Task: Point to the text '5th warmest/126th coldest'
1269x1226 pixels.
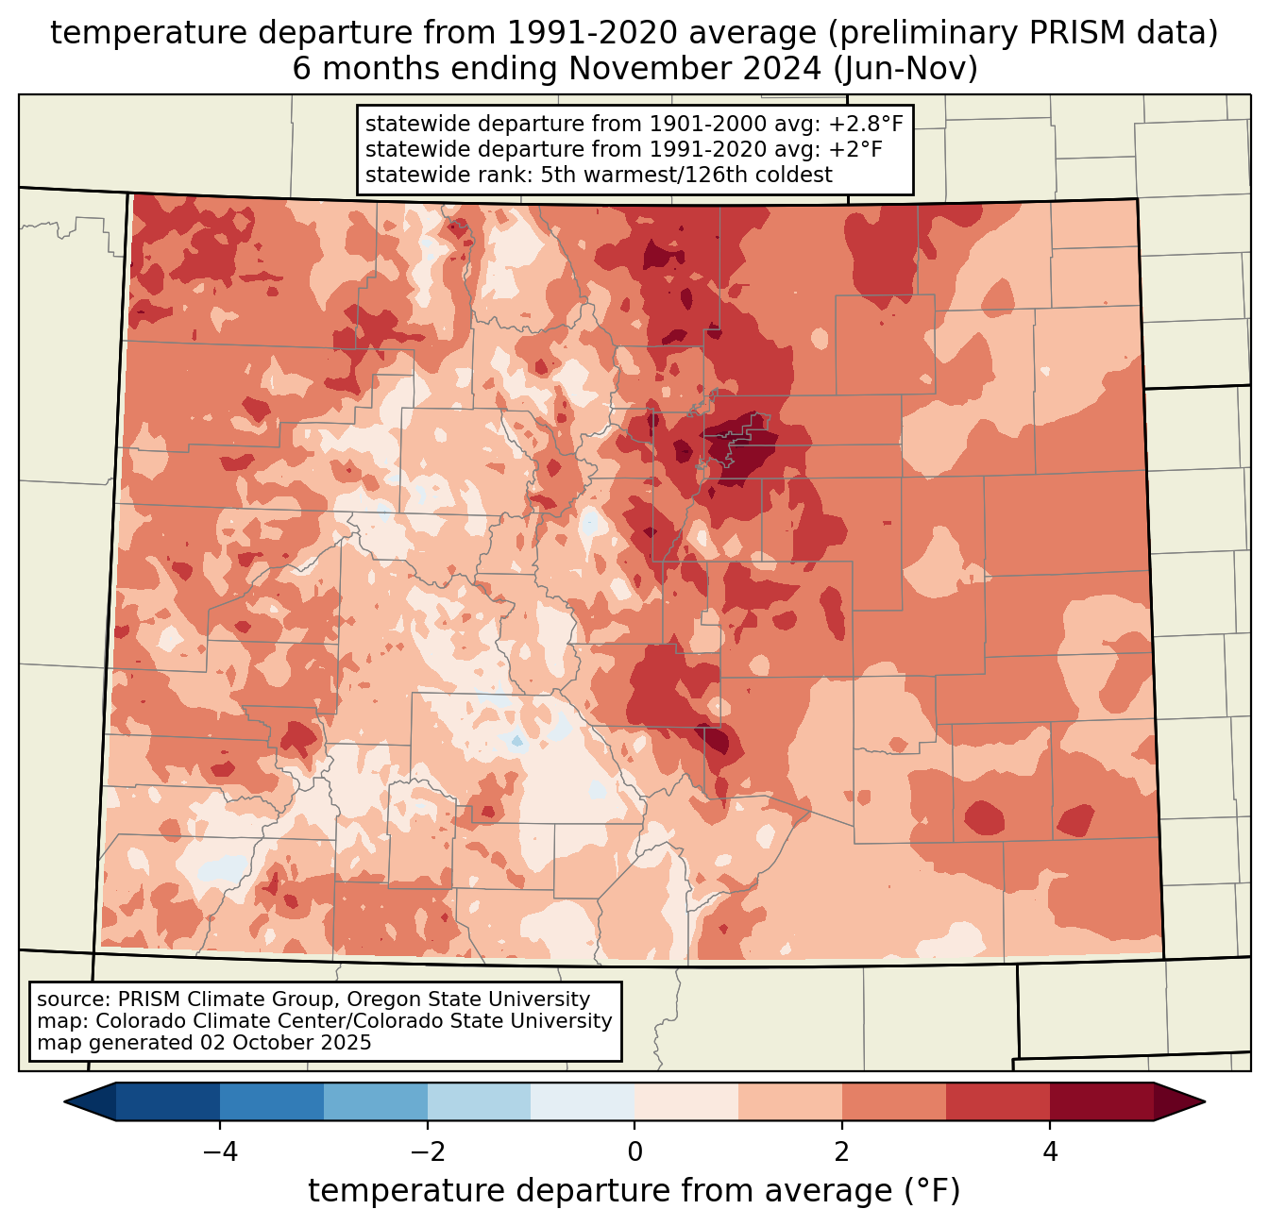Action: tap(686, 175)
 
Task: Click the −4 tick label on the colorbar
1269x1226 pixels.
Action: tap(220, 1151)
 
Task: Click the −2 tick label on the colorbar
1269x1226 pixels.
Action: tap(427, 1151)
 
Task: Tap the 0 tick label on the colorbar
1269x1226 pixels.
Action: tap(634, 1151)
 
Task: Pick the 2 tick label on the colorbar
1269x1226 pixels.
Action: tap(842, 1151)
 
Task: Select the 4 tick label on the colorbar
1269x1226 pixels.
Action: tap(1049, 1151)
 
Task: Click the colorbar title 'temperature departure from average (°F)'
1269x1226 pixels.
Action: tap(634, 1191)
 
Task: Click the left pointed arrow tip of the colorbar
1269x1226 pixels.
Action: tap(65, 1102)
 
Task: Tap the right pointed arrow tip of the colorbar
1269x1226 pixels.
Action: tap(1204, 1102)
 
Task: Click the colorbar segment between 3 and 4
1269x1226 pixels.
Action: tap(998, 1102)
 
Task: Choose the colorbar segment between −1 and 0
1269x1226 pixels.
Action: tap(583, 1102)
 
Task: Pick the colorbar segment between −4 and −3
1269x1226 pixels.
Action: tap(271, 1102)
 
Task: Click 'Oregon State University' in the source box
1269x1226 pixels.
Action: tap(468, 999)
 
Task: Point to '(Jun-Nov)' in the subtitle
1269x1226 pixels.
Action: tap(905, 69)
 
